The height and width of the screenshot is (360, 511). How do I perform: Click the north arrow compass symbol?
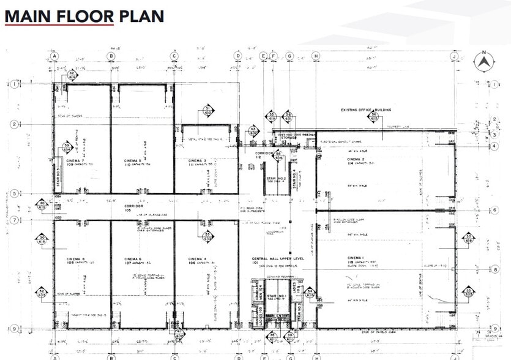tap(484, 60)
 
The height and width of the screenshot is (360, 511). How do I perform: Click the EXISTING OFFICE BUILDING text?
tap(366, 110)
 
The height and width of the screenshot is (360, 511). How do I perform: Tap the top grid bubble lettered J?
tap(454, 56)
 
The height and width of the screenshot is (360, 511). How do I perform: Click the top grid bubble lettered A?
tap(54, 56)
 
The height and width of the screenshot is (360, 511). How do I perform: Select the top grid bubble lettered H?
tap(316, 56)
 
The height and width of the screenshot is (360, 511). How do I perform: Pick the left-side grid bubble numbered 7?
tap(13, 219)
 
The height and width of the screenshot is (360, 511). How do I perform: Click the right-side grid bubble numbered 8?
tap(493, 268)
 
